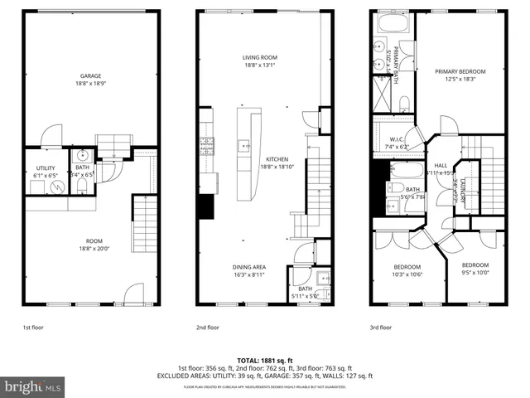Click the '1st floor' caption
click(34, 328)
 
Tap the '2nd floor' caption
click(207, 328)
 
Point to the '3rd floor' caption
click(381, 328)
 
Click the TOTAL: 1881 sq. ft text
click(264, 359)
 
